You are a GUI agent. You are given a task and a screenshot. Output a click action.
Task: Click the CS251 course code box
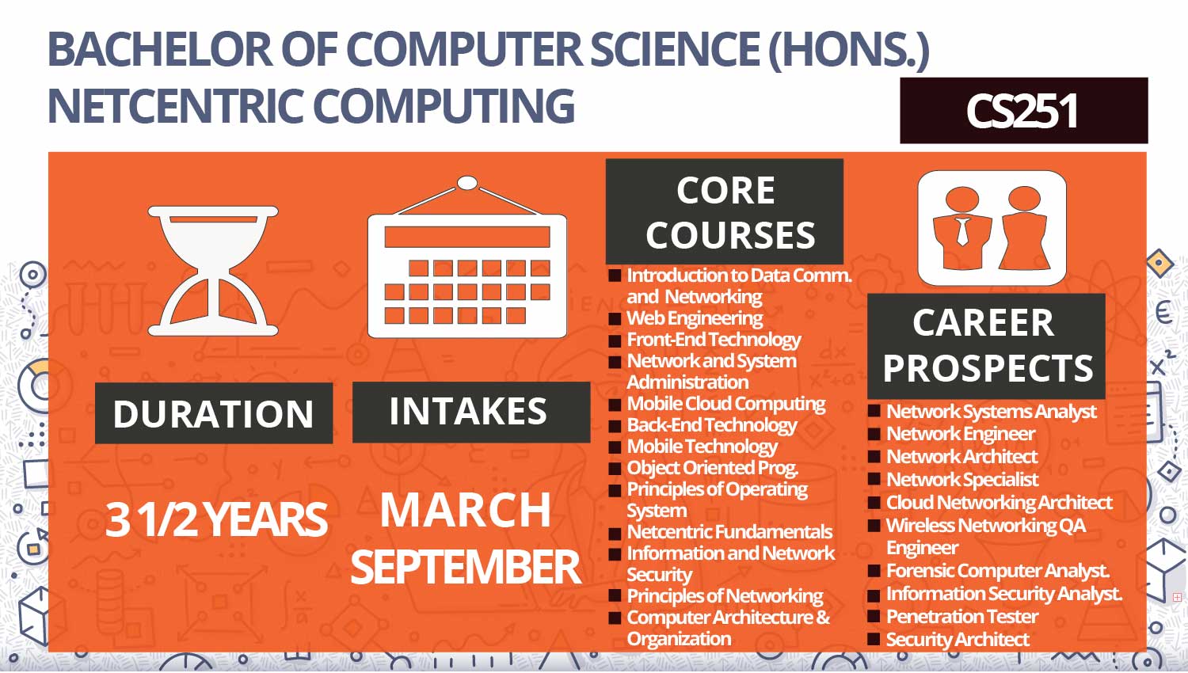1023,110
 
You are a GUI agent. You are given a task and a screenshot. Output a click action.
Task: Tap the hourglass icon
213,271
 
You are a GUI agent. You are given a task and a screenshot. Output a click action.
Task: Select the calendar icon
467,257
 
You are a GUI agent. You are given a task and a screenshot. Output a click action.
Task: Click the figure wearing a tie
962,228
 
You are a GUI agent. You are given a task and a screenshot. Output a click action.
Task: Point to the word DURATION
214,413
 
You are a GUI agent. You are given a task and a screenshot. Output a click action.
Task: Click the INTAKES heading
468,411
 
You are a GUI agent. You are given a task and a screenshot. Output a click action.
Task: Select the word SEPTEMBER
466,567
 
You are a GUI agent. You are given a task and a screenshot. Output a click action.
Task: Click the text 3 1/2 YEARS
216,519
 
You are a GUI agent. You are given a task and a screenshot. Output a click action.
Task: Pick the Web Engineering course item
695,318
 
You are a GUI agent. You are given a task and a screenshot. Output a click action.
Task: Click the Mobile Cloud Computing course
726,404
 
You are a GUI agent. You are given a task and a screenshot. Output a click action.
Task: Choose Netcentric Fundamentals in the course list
729,531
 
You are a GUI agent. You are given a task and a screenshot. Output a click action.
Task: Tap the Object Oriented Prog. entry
712,468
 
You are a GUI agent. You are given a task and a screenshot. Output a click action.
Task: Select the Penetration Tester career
962,616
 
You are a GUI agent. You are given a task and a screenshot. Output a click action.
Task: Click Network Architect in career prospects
962,456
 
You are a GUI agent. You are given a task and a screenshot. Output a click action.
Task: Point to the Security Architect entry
958,639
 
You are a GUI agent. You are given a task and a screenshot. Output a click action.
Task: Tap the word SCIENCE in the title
675,49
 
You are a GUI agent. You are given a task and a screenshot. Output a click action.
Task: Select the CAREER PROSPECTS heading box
987,346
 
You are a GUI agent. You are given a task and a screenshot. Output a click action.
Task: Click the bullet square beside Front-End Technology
615,340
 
